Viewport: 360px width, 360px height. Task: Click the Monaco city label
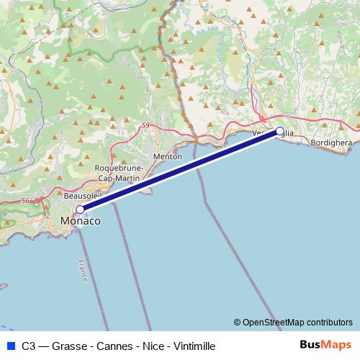point(80,222)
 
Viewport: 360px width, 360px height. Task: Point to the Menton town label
point(168,156)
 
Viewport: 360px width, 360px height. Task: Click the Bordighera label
point(332,143)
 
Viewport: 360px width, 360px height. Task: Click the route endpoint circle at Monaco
point(80,210)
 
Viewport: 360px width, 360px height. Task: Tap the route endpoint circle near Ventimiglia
point(280,131)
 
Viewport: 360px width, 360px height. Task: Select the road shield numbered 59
point(147,125)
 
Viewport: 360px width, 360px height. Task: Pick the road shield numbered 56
point(26,200)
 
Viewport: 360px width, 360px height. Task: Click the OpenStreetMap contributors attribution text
point(297,322)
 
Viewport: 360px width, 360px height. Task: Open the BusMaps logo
point(325,345)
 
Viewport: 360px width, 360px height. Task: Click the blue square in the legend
point(10,346)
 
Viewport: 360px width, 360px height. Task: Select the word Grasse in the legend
point(69,346)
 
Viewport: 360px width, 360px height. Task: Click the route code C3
point(29,346)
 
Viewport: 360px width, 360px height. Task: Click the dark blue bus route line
point(180,171)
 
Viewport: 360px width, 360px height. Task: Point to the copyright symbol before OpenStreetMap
point(237,322)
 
